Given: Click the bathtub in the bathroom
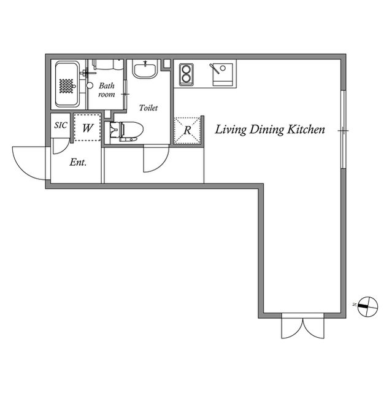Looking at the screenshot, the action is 67,84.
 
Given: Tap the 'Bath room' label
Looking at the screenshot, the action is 106,90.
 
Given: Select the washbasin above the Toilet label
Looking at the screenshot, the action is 145,69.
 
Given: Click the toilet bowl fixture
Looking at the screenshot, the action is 126,131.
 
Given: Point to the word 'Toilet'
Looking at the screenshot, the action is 148,108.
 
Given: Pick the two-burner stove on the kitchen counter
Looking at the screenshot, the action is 186,75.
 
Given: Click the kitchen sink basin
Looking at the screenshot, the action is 223,75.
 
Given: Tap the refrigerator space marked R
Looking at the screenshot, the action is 188,130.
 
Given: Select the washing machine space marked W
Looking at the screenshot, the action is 87,127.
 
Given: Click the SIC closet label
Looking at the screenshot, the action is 61,125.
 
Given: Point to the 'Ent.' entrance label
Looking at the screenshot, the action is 78,162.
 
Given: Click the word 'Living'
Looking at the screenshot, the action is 230,130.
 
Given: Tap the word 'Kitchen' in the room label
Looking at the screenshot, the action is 306,130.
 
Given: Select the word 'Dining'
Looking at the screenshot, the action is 267,130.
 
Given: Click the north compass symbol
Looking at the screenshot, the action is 367,306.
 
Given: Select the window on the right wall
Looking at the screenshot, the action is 343,130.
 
